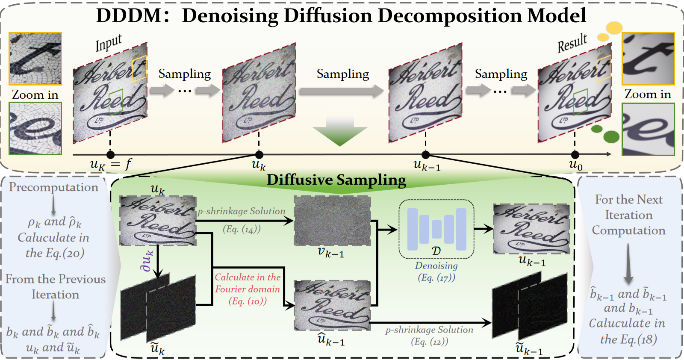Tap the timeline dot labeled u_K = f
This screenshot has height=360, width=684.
(x=110, y=155)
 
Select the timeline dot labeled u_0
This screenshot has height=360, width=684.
(x=575, y=155)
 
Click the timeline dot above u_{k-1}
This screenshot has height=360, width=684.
(x=425, y=155)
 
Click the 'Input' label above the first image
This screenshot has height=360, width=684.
(x=109, y=43)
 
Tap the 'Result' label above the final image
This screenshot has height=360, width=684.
(x=572, y=43)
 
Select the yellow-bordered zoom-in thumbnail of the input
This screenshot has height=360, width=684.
(x=35, y=59)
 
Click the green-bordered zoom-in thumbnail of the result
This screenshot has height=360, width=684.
(x=648, y=129)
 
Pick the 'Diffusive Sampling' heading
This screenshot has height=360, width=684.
(x=336, y=180)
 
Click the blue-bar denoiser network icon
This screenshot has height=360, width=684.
(x=436, y=229)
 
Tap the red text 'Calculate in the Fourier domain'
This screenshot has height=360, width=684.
(x=248, y=283)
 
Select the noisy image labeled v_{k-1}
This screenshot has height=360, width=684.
(x=332, y=221)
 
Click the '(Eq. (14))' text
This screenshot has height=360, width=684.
(x=242, y=229)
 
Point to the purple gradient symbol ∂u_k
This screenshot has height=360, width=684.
(x=147, y=261)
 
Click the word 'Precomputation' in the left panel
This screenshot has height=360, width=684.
(x=53, y=187)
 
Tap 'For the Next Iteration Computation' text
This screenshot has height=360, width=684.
(x=628, y=215)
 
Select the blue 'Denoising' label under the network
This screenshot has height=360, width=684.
(x=436, y=266)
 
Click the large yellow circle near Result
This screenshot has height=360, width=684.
(x=614, y=28)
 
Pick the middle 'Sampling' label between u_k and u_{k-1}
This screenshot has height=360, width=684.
(x=342, y=74)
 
